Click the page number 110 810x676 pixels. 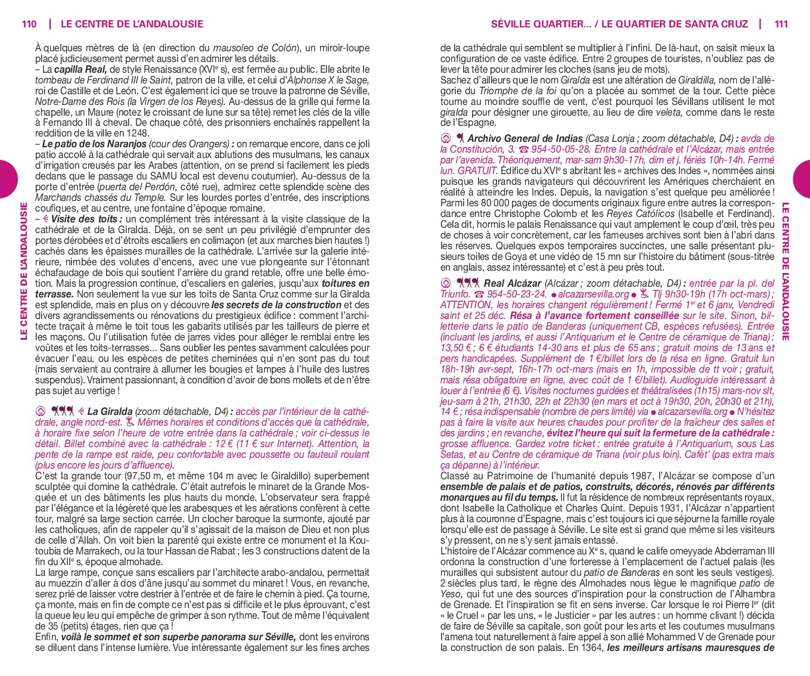point(29,24)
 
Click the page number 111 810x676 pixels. point(781,24)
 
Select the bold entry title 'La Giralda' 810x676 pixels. point(110,411)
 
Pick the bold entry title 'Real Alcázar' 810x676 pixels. point(513,283)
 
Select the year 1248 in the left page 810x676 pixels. point(138,134)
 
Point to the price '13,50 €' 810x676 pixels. point(456,348)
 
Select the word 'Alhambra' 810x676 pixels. point(753,594)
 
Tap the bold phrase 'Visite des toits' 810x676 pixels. point(84,219)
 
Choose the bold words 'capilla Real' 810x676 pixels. point(80,69)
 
